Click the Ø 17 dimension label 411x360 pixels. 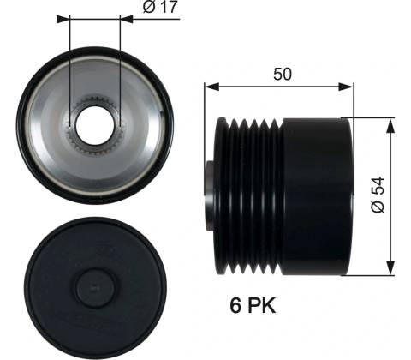point(160,7)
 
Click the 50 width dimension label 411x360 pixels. point(283,74)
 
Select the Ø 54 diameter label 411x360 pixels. point(378,195)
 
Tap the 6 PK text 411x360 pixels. point(253,305)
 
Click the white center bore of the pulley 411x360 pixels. point(95,125)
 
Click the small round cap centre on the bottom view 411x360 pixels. point(95,287)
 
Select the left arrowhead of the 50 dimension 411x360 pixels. point(211,87)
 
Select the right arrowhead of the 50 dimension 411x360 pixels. point(346,87)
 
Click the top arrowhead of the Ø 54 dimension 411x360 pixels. point(390,126)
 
